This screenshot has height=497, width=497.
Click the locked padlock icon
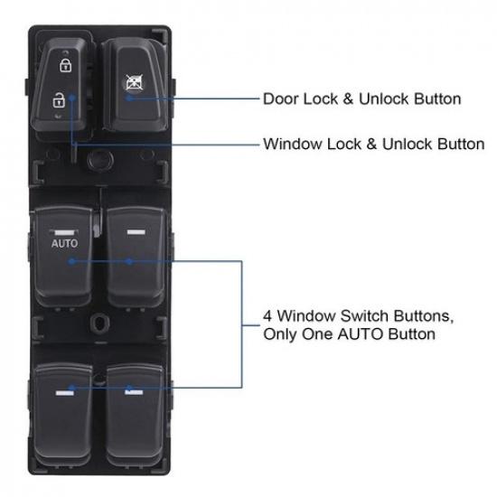pos(64,66)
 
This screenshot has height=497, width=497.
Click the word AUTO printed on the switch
pos(64,243)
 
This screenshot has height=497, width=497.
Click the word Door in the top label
pos(277,98)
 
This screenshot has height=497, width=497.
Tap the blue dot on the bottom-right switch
pos(129,388)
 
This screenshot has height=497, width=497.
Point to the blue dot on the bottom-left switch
pos(69,388)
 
